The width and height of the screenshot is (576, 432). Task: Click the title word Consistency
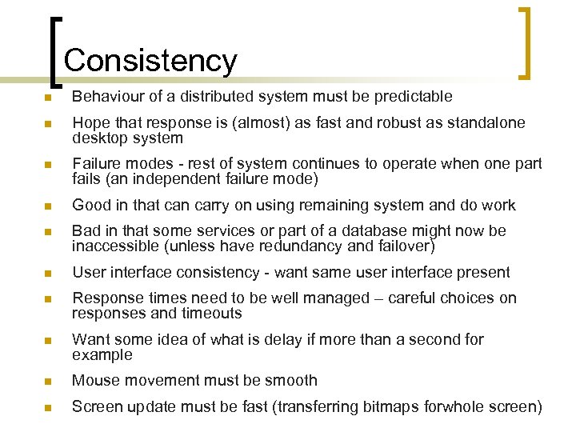click(x=150, y=61)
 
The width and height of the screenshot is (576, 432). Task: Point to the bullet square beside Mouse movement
click(x=50, y=382)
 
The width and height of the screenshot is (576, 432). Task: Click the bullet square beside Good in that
click(x=50, y=206)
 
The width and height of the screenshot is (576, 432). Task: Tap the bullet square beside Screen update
click(x=50, y=408)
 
